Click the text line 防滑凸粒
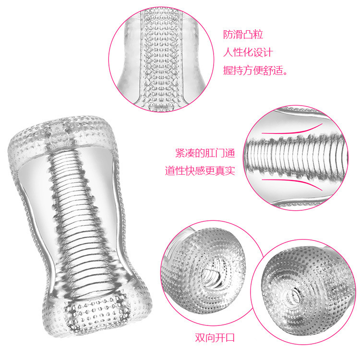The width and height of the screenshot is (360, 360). [243, 35]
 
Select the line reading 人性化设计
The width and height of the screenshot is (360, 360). [248, 52]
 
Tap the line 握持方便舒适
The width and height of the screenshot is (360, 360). [255, 70]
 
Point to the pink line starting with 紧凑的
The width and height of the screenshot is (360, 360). [205, 154]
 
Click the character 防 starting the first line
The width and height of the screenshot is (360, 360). [228, 35]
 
